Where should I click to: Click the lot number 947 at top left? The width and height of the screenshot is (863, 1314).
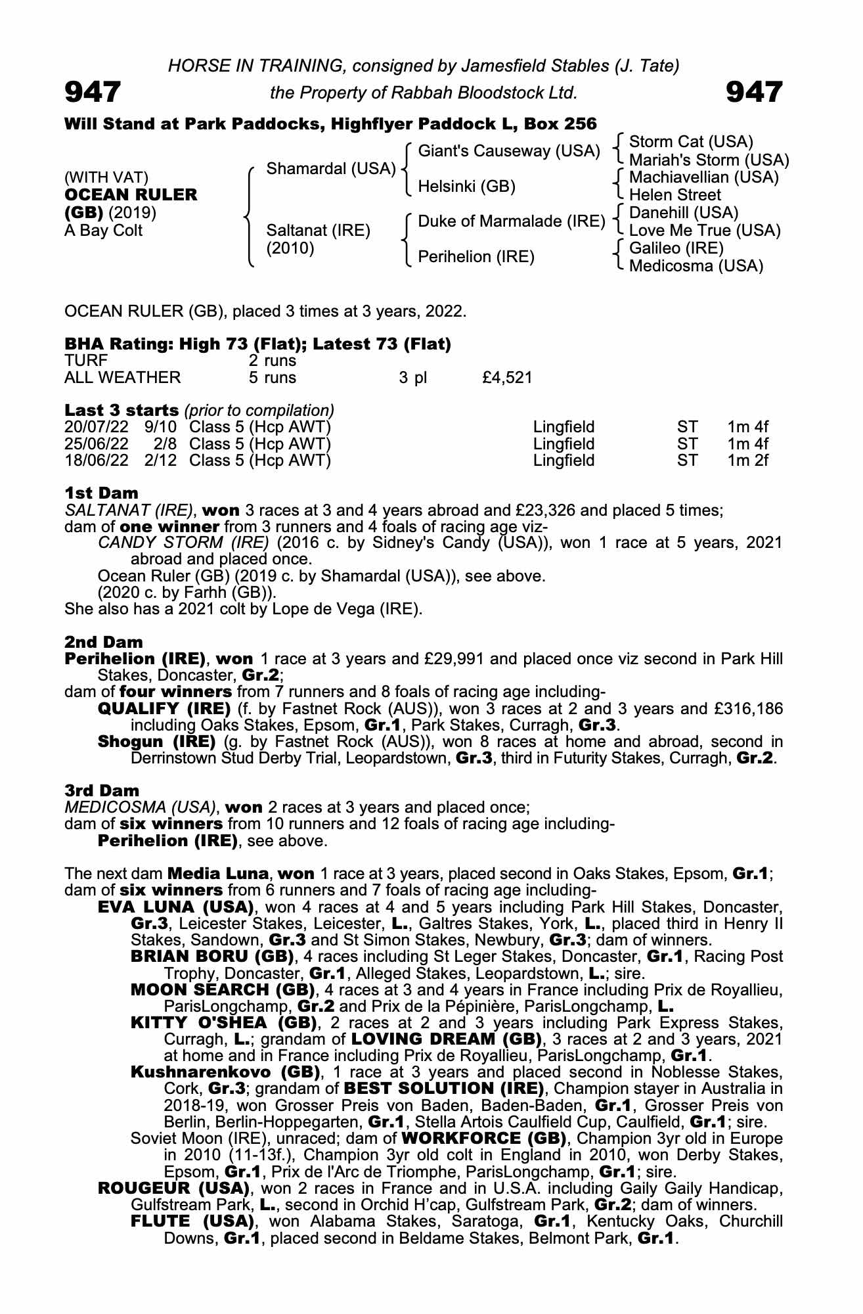(93, 91)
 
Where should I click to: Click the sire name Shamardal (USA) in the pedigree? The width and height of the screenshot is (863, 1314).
(330, 169)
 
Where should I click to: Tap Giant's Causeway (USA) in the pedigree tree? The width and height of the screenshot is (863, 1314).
(508, 151)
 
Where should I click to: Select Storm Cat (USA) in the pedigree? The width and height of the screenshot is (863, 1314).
(691, 142)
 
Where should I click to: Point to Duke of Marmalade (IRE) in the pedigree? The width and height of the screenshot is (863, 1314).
(511, 221)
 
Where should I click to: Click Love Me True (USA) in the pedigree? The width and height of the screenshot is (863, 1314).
(704, 231)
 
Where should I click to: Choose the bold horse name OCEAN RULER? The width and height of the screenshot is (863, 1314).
(130, 195)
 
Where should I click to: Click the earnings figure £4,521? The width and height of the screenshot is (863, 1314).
(506, 378)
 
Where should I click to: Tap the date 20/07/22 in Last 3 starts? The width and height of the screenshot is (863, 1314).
(97, 428)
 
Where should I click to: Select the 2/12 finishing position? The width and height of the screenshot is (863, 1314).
(161, 461)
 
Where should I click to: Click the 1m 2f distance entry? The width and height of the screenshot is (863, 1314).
(747, 461)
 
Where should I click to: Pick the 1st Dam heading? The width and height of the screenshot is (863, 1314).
(101, 493)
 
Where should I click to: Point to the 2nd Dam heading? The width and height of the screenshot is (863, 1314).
(103, 642)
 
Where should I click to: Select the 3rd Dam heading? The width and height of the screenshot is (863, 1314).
(102, 790)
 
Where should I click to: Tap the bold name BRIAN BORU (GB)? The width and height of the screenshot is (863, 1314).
(212, 957)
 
